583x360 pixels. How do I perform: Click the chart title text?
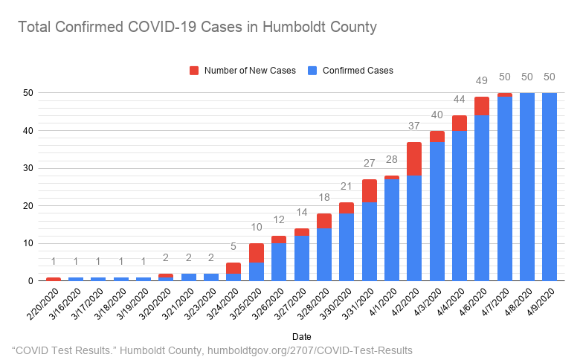click(x=197, y=28)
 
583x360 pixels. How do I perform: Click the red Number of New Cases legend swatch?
click(x=194, y=71)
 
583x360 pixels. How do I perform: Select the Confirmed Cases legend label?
click(x=358, y=71)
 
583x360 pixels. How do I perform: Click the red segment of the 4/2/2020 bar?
click(x=415, y=158)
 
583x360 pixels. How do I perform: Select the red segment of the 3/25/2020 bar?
click(x=257, y=252)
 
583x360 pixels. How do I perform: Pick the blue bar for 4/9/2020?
click(x=550, y=187)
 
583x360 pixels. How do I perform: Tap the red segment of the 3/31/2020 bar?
click(x=370, y=190)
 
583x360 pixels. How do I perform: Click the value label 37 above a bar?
click(x=415, y=126)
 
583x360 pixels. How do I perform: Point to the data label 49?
click(x=482, y=81)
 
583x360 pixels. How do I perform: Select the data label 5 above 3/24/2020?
click(x=233, y=247)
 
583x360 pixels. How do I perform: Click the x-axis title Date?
click(x=302, y=336)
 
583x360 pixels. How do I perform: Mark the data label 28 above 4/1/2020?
click(x=392, y=160)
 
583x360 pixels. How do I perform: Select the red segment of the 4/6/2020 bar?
click(x=482, y=106)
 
